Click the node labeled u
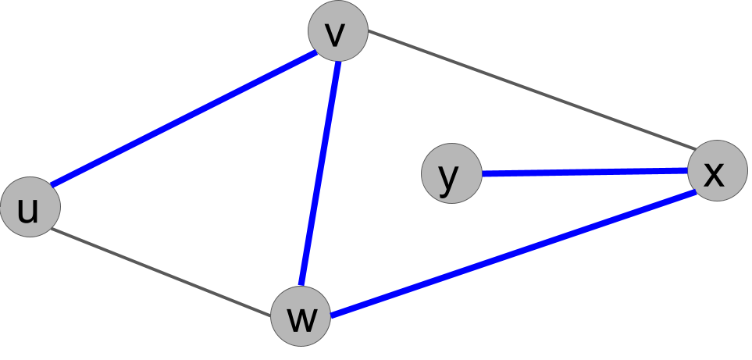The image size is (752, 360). point(30,207)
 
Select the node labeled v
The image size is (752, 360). point(337,31)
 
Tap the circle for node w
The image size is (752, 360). point(301,316)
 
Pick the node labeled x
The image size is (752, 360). point(717,170)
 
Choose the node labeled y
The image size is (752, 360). point(451,173)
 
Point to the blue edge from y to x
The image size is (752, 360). point(584,172)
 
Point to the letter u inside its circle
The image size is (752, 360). point(28,210)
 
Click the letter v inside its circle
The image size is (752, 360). point(335,34)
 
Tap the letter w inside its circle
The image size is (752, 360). point(301,319)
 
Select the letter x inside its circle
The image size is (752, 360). point(714,174)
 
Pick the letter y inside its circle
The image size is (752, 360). point(448,177)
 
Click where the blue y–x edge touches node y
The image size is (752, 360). point(482,173)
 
